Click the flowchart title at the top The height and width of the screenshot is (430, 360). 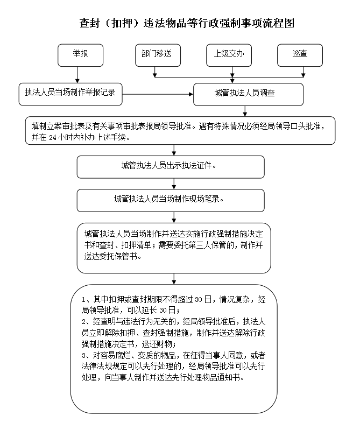point(187,23)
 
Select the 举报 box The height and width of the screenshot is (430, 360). point(80,55)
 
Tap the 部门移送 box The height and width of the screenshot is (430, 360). point(158,55)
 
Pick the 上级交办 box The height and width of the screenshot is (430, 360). point(229,55)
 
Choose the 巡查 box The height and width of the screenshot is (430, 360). point(300,55)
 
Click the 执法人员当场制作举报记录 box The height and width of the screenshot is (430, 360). point(70,94)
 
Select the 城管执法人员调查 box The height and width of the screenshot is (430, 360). point(249,94)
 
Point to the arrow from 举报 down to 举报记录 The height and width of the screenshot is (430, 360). point(77,75)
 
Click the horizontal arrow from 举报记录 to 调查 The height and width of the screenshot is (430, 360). point(158,94)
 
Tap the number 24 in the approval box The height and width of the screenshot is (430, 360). point(53,137)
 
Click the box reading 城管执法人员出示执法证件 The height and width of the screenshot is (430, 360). point(171,167)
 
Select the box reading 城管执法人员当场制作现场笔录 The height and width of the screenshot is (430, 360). point(171,200)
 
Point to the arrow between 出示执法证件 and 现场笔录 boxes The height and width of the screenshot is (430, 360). point(174,184)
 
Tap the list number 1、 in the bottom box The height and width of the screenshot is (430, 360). point(87,299)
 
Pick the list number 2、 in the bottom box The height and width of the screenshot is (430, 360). point(87,322)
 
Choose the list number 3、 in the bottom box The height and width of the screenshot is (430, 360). point(87,355)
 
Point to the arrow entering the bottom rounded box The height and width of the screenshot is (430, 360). point(174,279)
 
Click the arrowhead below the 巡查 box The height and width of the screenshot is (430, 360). point(303,75)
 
